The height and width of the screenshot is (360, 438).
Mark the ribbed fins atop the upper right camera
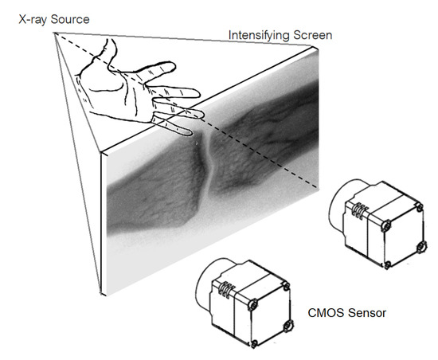(361, 211)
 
